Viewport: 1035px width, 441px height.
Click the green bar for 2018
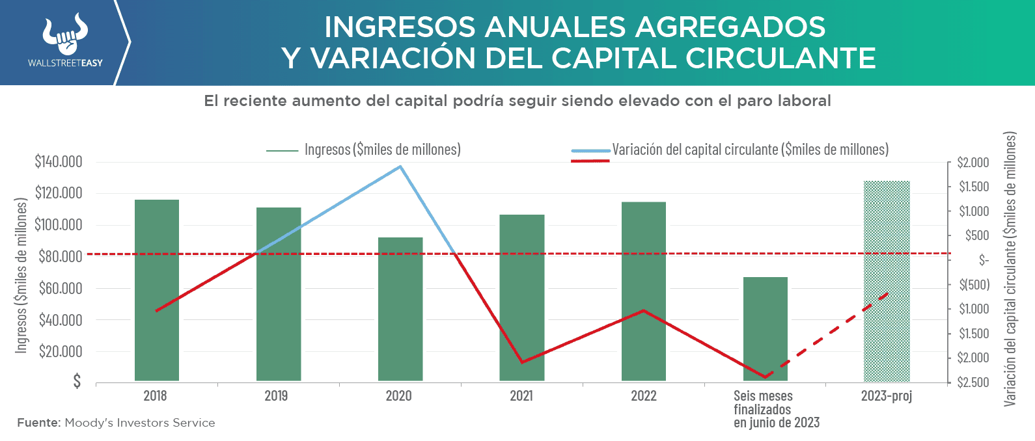[x=157, y=289]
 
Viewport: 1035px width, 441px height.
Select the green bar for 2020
[x=400, y=309]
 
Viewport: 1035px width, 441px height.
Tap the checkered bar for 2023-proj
[x=887, y=281]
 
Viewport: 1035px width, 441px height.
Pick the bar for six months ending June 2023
[x=766, y=328]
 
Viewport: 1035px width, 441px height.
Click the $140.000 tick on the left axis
[x=59, y=161]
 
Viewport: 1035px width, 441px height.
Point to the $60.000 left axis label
[x=61, y=288]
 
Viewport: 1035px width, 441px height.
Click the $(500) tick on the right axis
[x=974, y=285]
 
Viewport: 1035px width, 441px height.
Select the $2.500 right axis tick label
[x=974, y=382]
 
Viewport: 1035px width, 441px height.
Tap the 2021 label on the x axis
[x=521, y=396]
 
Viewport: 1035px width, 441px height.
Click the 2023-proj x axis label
[x=886, y=396]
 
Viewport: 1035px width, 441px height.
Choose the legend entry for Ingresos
[x=382, y=150]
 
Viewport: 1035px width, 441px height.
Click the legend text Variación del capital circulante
[x=750, y=150]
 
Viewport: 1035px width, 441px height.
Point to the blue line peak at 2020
[x=400, y=167]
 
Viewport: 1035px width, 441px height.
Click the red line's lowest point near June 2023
[x=765, y=377]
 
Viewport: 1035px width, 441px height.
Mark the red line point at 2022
[x=644, y=310]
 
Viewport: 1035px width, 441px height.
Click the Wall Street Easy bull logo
[x=65, y=36]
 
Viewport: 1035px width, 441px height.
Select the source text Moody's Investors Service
[x=139, y=423]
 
